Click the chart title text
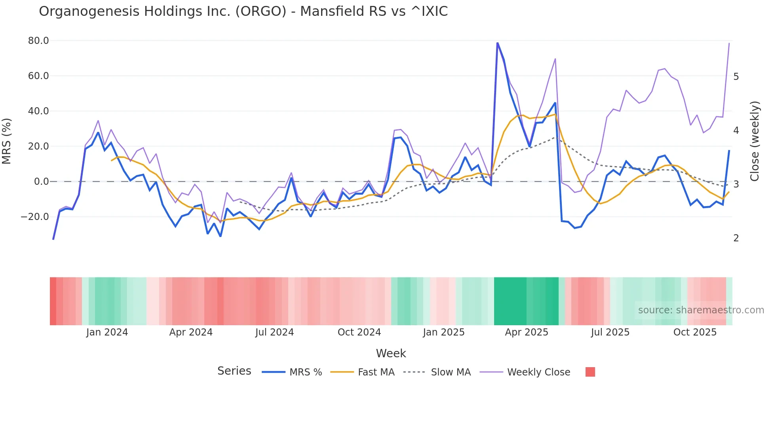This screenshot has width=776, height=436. [x=243, y=11]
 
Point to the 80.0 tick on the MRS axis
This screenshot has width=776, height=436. [x=38, y=41]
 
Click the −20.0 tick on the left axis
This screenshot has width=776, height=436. [x=35, y=217]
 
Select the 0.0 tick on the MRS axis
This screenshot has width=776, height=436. [x=41, y=182]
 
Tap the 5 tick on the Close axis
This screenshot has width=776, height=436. [x=736, y=77]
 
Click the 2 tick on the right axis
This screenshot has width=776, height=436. [x=736, y=238]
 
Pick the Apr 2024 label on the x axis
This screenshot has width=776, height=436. [x=191, y=332]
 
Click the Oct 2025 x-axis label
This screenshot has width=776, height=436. [x=695, y=332]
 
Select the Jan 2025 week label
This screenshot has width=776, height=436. [x=443, y=332]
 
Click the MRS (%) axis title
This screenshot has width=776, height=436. [x=7, y=141]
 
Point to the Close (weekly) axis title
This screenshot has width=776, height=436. [x=755, y=141]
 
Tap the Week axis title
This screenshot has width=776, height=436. [x=391, y=353]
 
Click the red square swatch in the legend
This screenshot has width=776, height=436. [x=590, y=372]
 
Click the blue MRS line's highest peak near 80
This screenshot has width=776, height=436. [x=497, y=43]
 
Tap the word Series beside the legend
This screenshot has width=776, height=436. [x=234, y=371]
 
